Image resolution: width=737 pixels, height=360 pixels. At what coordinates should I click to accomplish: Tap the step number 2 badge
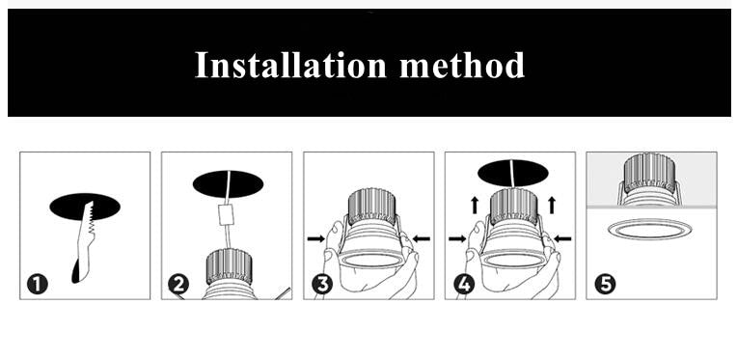point(178,284)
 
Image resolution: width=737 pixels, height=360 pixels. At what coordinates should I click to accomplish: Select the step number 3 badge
point(322,284)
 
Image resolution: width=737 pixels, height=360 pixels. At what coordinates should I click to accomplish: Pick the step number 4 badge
point(463,284)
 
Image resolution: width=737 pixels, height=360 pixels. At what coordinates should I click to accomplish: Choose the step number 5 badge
point(605,284)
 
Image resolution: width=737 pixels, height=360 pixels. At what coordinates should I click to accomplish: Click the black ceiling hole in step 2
point(228,183)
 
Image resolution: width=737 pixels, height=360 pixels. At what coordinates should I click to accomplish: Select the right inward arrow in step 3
point(421,237)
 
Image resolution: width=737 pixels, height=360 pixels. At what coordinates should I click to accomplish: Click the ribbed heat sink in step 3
point(370,204)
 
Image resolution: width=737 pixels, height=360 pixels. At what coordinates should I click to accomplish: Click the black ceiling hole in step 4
point(513,172)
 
